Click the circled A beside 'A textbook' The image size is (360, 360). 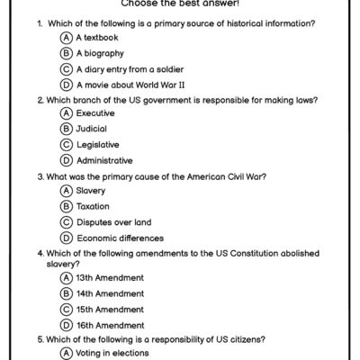66,38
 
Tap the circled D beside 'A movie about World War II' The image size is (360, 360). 66,84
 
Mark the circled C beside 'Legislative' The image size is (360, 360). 66,144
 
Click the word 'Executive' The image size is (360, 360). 96,113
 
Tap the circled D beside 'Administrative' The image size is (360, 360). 66,160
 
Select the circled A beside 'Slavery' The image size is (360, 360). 66,191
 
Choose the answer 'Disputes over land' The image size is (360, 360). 115,222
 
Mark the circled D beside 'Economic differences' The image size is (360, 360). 66,238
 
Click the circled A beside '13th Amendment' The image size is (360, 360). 66,277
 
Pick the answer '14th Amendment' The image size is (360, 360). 111,292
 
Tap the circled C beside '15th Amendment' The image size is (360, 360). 66,308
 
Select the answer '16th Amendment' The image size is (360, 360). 111,323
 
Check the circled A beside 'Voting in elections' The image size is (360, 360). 66,354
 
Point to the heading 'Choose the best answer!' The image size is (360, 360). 180,4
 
